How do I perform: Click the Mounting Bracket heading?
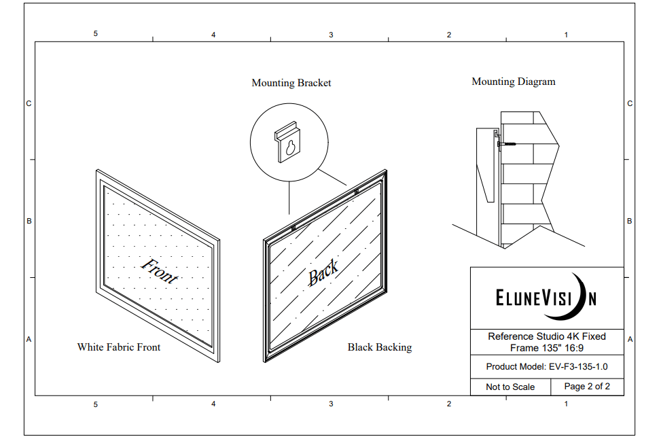click(x=291, y=83)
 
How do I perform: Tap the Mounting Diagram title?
click(x=514, y=82)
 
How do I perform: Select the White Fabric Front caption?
click(x=119, y=347)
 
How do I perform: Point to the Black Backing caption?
click(x=380, y=347)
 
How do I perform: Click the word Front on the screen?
click(x=160, y=270)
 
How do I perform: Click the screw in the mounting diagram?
click(x=507, y=144)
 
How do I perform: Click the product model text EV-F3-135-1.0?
click(x=547, y=366)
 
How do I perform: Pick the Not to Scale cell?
click(x=510, y=387)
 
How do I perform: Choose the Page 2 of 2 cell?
click(x=587, y=387)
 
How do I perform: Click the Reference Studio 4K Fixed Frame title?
click(x=547, y=342)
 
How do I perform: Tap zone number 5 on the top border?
click(x=96, y=34)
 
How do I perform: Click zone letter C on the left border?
click(x=29, y=104)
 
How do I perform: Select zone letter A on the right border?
click(x=630, y=339)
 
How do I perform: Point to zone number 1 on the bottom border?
click(x=566, y=404)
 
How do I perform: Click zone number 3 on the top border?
click(x=331, y=34)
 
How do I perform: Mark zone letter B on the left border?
click(x=29, y=222)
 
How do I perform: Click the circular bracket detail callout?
click(x=289, y=143)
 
